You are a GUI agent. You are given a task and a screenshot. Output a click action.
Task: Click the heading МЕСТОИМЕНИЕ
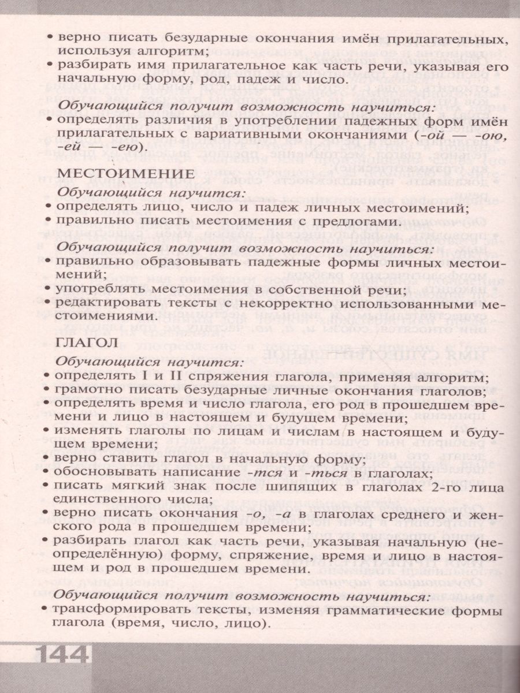coord(126,174)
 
